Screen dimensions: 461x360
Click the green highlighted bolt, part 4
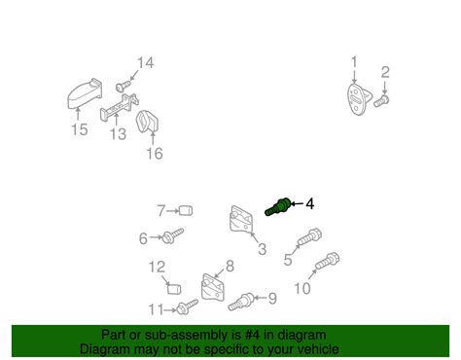[277, 206]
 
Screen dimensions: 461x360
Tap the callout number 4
[310, 204]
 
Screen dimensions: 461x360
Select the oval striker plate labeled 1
[358, 99]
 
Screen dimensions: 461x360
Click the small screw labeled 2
[381, 101]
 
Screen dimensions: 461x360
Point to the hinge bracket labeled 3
[242, 220]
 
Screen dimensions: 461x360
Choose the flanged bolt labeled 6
[173, 236]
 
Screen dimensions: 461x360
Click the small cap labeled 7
[186, 211]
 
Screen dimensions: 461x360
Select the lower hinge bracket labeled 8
[213, 288]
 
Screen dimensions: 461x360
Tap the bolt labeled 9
[241, 302]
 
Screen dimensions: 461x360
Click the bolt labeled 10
[328, 262]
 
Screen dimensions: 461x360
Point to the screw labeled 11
[187, 306]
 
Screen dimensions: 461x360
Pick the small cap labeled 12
[174, 288]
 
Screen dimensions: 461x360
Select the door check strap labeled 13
[119, 107]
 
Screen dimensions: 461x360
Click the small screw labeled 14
[124, 86]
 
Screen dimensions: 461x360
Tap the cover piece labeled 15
[85, 93]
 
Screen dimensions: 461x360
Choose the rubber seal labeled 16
[147, 122]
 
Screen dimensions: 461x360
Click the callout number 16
[155, 154]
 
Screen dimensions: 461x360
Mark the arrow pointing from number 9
[261, 298]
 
